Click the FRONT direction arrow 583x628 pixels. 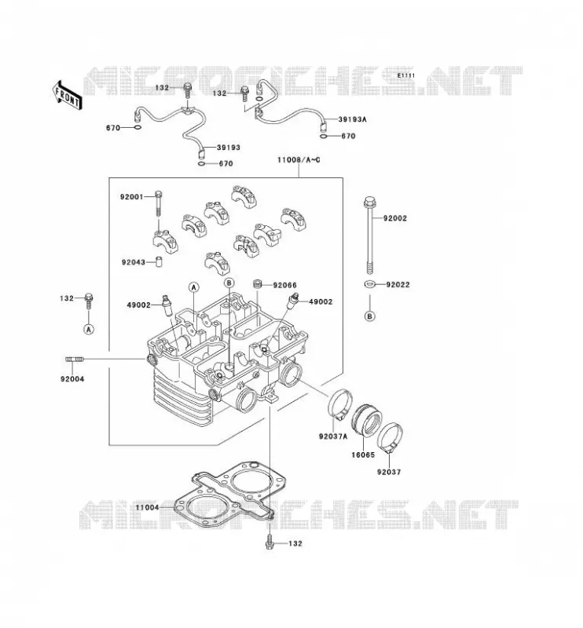(x=67, y=96)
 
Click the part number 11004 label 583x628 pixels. (x=147, y=507)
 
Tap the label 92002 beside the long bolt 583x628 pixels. (x=395, y=218)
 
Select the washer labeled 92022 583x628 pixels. (x=370, y=284)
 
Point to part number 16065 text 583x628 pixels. (x=363, y=455)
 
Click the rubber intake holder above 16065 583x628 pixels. (x=366, y=422)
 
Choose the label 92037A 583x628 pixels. (x=333, y=436)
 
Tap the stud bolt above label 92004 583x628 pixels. (x=75, y=360)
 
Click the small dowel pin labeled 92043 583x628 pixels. (x=159, y=262)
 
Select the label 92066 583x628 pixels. (x=284, y=285)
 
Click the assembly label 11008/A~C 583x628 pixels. (x=299, y=160)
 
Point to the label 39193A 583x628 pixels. (x=353, y=119)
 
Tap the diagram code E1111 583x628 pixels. (x=406, y=75)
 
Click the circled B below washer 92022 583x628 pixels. (x=370, y=316)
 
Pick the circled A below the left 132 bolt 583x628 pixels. (x=89, y=329)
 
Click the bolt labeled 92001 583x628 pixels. (x=159, y=203)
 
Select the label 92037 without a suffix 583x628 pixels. (x=389, y=472)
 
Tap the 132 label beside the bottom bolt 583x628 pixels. (x=295, y=543)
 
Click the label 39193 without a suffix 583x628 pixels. (x=229, y=148)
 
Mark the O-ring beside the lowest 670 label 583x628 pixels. (x=203, y=163)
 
